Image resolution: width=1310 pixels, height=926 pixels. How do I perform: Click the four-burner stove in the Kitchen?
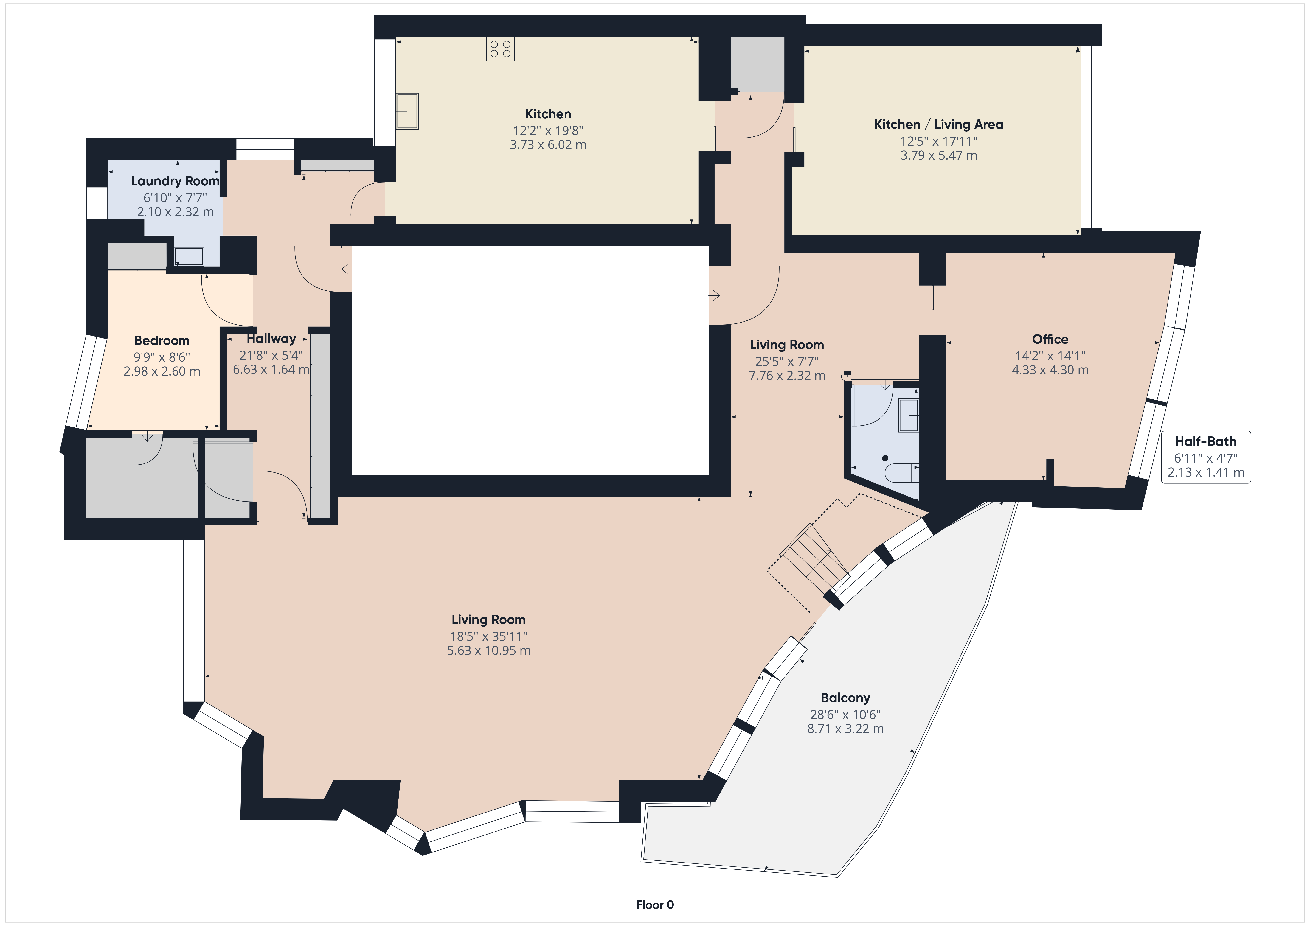500,49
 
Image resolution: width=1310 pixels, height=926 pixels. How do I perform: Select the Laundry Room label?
175,181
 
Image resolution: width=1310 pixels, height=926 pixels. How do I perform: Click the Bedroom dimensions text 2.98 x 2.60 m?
162,371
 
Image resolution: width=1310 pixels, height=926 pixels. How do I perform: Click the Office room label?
1050,340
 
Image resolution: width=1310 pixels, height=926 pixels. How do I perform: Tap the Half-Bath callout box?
1206,457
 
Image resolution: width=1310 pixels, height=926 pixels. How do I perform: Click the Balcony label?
845,698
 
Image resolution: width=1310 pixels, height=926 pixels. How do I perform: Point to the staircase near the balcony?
815,559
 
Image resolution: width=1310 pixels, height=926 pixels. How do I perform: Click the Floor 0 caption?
654,905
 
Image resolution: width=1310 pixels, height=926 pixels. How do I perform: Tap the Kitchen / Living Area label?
939,124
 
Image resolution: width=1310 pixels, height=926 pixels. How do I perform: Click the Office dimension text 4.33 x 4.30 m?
1050,370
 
